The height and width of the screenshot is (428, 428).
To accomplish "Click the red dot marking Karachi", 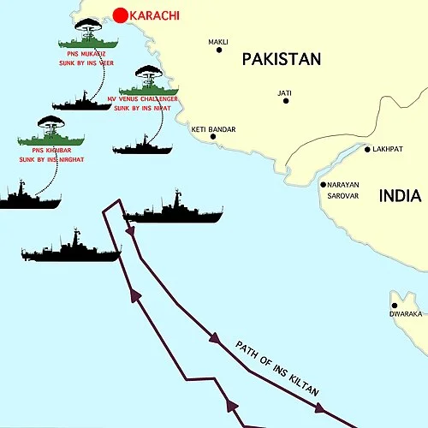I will click(x=120, y=15).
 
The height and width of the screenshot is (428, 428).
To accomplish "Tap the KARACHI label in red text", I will click(x=157, y=15).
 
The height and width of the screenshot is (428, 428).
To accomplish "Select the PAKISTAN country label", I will click(x=281, y=59).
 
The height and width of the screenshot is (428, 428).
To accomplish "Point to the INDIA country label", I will click(x=400, y=196).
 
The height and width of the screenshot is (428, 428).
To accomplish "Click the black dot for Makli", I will click(x=219, y=50).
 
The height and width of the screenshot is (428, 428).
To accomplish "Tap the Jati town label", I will click(x=285, y=92).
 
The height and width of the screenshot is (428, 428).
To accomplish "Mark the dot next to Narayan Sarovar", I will click(x=323, y=185).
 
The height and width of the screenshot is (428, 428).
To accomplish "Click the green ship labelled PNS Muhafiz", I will click(x=88, y=41).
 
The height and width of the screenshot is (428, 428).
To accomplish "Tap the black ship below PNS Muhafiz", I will click(x=82, y=102).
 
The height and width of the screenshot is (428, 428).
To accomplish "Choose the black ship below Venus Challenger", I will click(x=142, y=146).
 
